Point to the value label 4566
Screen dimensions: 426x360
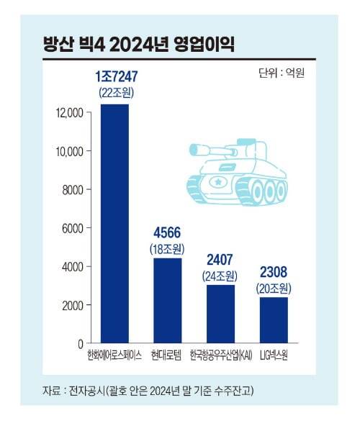[x=168, y=233]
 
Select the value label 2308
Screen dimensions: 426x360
[x=274, y=273]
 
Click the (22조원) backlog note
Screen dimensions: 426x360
[x=116, y=93]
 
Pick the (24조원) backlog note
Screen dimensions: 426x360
[x=220, y=276]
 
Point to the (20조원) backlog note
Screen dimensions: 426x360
[x=274, y=288]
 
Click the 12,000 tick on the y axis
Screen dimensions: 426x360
[x=70, y=112]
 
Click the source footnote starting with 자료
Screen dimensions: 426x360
[x=148, y=391]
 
